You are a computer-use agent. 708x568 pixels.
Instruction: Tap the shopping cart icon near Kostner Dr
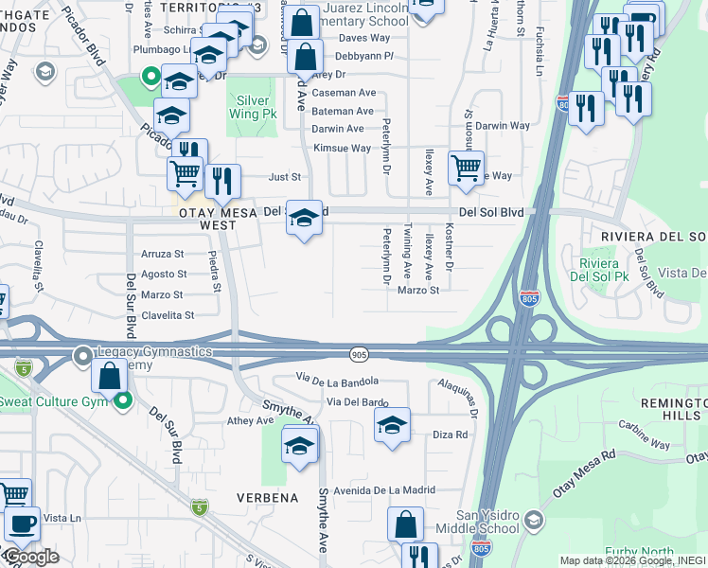click(x=466, y=169)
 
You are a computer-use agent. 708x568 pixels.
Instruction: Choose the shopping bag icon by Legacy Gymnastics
click(x=110, y=375)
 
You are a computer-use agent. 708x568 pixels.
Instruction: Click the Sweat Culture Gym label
click(x=55, y=401)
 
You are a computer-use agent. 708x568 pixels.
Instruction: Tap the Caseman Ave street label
click(x=344, y=93)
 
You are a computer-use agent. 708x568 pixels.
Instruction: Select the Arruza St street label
click(x=162, y=254)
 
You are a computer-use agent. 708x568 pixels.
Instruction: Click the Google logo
click(x=30, y=557)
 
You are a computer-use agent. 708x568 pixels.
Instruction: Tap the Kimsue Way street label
click(x=342, y=149)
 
